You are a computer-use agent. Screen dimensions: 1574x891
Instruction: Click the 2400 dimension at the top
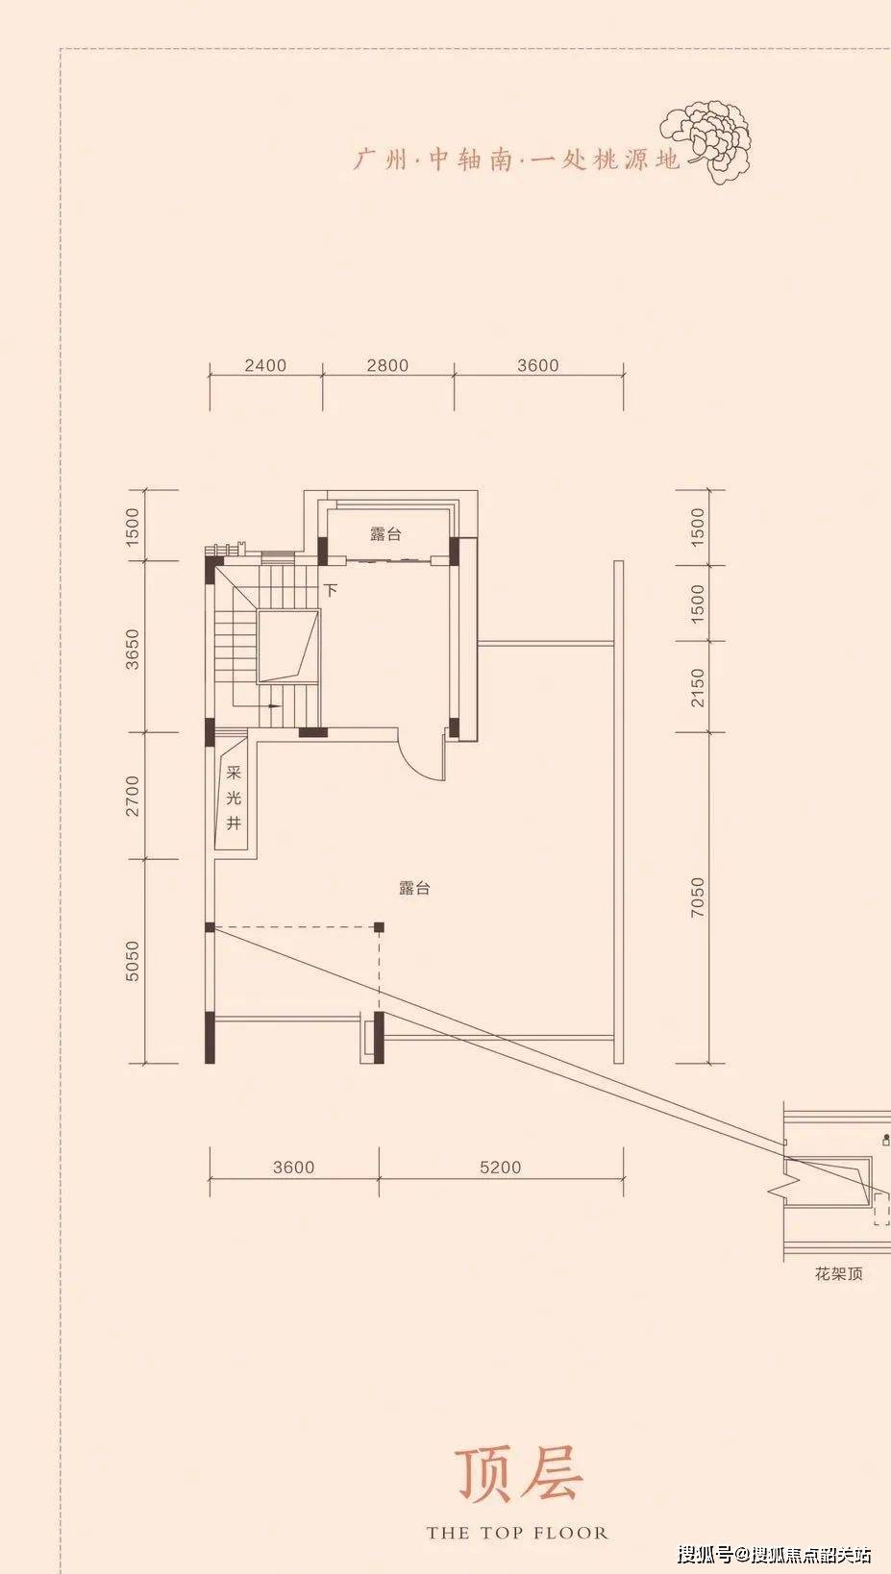coord(265,365)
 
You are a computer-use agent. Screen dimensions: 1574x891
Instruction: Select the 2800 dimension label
coord(387,365)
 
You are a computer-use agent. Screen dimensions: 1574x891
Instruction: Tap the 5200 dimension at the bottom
coord(500,1168)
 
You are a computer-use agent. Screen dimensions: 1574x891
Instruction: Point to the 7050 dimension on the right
coord(698,897)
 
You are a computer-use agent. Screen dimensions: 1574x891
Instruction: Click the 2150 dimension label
coord(698,688)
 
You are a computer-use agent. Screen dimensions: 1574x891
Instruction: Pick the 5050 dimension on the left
coord(133,961)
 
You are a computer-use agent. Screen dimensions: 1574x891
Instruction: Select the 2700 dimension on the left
coord(133,796)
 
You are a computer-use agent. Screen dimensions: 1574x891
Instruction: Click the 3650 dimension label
coord(133,650)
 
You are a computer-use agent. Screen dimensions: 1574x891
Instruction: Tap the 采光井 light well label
coord(234,798)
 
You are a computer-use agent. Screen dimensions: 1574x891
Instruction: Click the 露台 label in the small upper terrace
coord(385,534)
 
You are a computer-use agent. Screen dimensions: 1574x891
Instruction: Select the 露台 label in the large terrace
coord(414,888)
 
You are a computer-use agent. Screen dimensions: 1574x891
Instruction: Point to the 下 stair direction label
coord(331,590)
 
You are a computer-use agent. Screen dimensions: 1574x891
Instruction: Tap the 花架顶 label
coord(838,1274)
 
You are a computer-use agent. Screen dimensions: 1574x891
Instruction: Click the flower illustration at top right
coord(706,141)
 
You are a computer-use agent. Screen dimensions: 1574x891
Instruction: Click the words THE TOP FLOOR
coord(517,1533)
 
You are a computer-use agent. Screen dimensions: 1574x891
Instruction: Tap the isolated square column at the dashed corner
coord(379,927)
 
